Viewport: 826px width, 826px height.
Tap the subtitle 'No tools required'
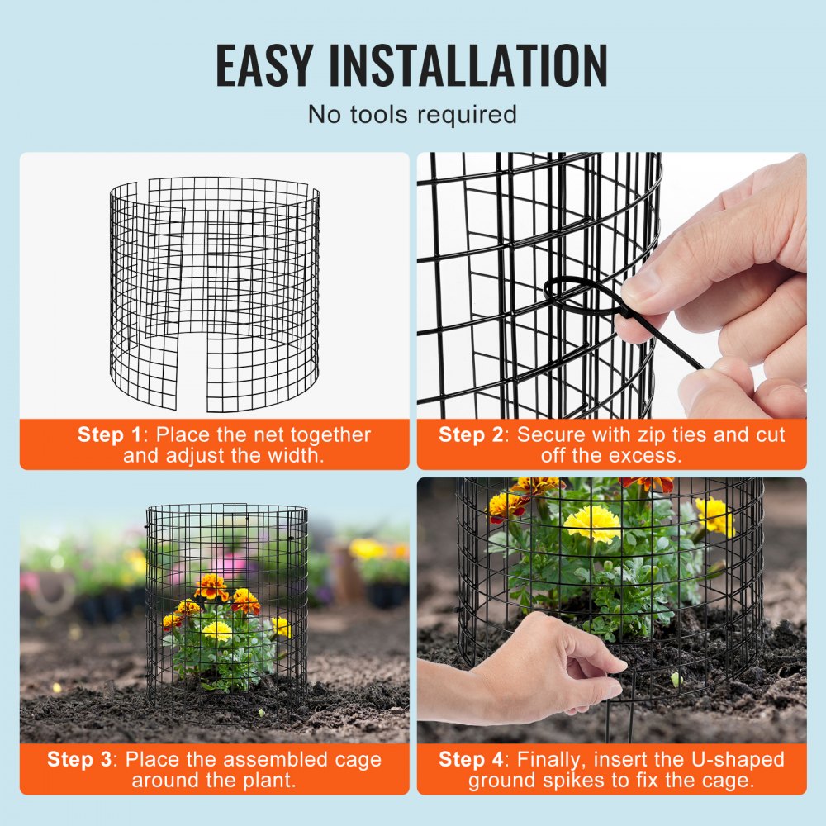point(412,114)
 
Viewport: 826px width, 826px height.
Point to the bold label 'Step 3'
point(80,759)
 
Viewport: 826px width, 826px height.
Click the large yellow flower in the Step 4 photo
point(592,523)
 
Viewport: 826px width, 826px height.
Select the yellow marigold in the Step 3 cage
point(217,630)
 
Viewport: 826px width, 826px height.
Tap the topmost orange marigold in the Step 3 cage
point(211,586)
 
